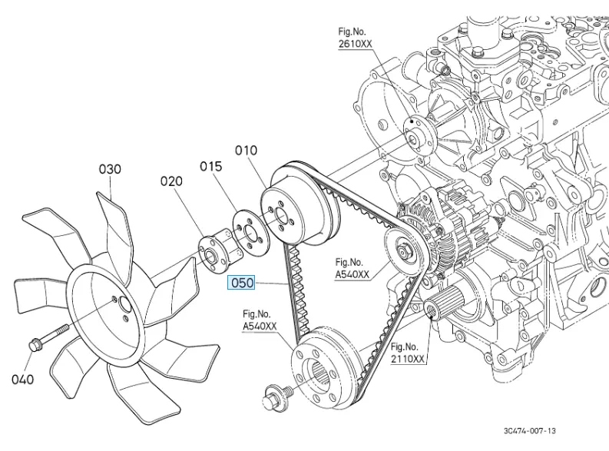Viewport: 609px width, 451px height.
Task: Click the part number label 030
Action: (x=109, y=168)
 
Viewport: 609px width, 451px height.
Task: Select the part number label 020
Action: (x=170, y=181)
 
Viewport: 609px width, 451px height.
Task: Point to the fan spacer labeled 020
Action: (x=209, y=252)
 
